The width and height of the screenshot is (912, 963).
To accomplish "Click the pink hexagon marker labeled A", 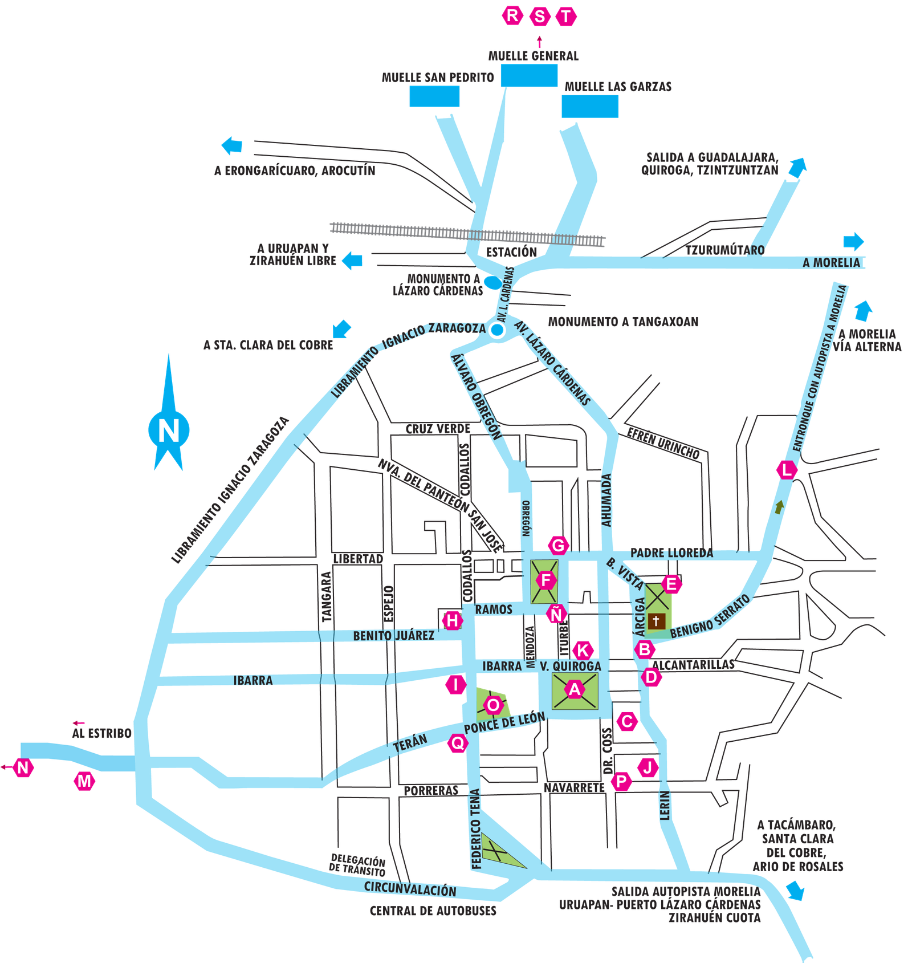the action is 575,689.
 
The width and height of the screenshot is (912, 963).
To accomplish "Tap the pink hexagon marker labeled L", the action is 787,470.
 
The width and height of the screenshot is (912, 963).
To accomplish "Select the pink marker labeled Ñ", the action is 556,614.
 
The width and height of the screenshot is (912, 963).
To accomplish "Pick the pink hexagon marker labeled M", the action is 84,781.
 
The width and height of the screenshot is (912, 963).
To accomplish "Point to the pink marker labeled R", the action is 512,15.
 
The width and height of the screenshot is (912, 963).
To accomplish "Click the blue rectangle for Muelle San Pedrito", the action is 434,96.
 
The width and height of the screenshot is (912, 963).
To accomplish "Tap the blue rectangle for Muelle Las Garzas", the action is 590,107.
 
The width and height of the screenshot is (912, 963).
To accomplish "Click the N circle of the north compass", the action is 169,430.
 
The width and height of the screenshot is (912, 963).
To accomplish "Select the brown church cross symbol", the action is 656,621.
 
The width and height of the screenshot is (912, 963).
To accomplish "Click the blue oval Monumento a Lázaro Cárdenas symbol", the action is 493,282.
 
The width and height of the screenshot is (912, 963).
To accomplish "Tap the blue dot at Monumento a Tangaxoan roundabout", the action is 498,330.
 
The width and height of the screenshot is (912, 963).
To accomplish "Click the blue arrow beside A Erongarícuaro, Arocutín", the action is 231,145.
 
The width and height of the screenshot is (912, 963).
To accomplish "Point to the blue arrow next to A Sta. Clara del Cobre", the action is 341,329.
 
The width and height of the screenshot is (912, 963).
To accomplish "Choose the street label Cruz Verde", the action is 438,429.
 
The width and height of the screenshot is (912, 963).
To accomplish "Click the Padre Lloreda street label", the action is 671,553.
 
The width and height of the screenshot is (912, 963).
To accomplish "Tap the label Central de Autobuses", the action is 433,911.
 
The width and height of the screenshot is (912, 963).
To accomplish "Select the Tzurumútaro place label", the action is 725,250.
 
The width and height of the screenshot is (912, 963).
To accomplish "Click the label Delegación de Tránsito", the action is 358,865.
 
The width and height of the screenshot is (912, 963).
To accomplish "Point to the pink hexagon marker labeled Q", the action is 458,743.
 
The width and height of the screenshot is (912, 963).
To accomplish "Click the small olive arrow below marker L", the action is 779,507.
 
